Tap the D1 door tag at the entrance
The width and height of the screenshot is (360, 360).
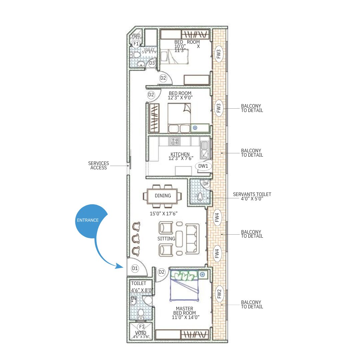[135, 268]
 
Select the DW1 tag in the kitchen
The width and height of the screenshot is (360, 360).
[203, 166]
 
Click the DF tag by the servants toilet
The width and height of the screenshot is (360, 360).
[206, 184]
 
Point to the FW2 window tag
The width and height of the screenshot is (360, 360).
[219, 294]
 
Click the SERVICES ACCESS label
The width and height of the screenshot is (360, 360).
[98, 166]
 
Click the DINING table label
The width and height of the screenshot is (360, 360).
[163, 196]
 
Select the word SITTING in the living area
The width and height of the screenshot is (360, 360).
[166, 239]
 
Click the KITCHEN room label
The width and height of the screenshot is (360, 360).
[180, 154]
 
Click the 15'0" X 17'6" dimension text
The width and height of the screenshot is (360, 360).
[163, 214]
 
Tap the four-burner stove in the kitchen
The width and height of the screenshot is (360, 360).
[174, 141]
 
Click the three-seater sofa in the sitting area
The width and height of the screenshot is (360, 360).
[192, 239]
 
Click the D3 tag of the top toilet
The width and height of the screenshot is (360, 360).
[152, 63]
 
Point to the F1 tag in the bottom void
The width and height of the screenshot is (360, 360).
[142, 326]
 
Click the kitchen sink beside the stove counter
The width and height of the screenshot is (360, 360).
[204, 149]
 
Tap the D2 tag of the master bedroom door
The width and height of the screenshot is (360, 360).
[162, 272]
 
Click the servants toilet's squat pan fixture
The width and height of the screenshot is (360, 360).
[200, 197]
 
